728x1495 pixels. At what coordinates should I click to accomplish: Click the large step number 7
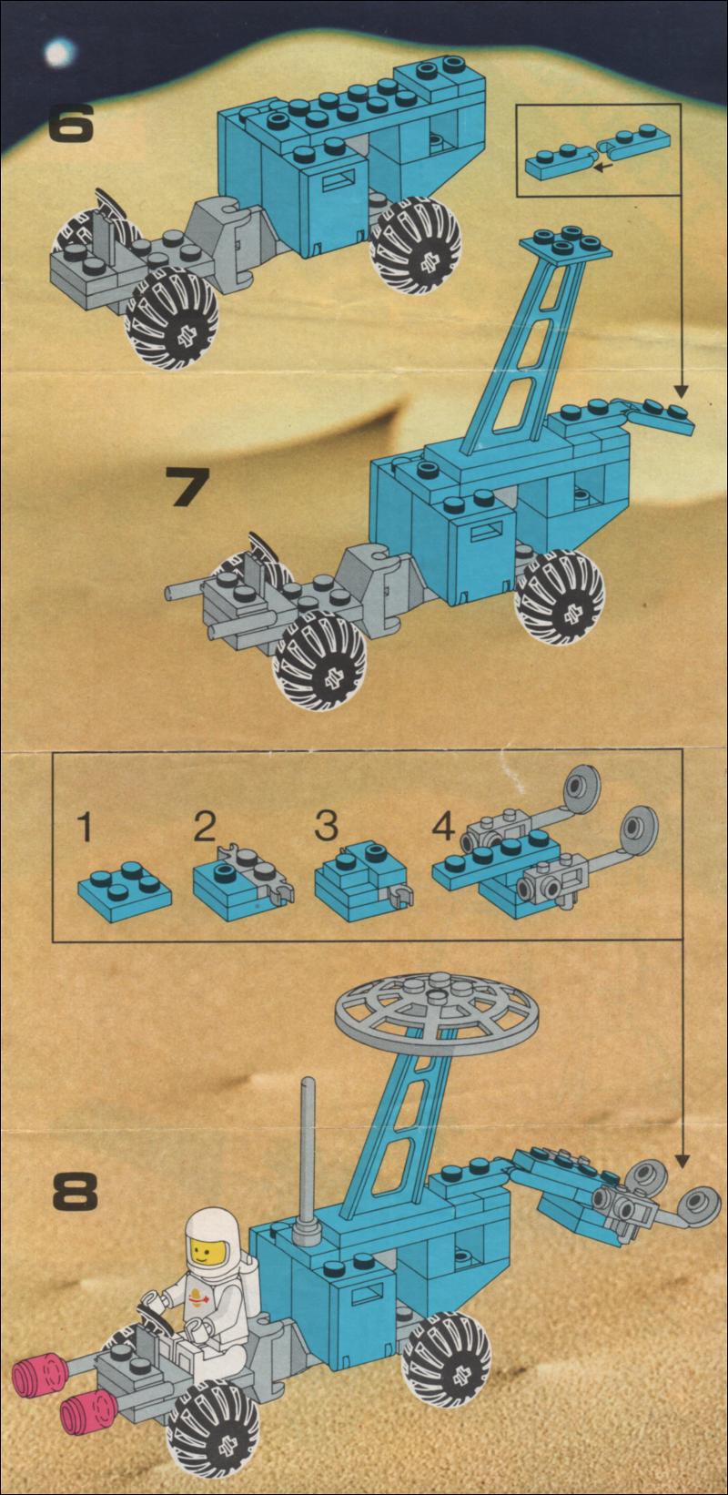187,486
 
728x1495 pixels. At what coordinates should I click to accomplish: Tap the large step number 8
76,1191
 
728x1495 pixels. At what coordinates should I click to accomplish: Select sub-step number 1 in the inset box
84,826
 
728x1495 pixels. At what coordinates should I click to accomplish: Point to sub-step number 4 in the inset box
443,827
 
